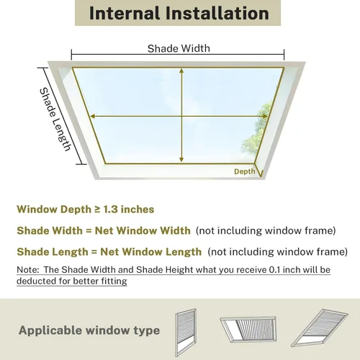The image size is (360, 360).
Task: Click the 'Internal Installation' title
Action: coord(179,13)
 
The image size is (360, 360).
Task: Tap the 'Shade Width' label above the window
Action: coord(179,48)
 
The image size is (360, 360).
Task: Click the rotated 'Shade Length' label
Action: coord(55,120)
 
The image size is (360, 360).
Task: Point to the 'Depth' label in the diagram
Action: coord(244,171)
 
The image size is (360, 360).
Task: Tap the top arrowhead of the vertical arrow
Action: coord(181,71)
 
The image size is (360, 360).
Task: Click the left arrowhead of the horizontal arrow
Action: coord(92,116)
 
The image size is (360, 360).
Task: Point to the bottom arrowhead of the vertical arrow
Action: coord(181,160)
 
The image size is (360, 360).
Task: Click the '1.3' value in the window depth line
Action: coord(111,210)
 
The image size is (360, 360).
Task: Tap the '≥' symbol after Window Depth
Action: coord(97,210)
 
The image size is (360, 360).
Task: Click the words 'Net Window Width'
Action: coord(143,230)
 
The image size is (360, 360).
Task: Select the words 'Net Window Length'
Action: coord(151,252)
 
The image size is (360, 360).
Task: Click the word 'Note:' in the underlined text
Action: coord(27,270)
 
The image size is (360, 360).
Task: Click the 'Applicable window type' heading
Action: coord(89,330)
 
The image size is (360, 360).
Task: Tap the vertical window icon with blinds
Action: coord(186,333)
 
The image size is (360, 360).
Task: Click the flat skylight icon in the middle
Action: coord(248,328)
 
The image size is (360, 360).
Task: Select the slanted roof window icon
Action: coord(319,328)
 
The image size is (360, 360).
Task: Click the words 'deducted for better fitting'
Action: coord(72,281)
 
